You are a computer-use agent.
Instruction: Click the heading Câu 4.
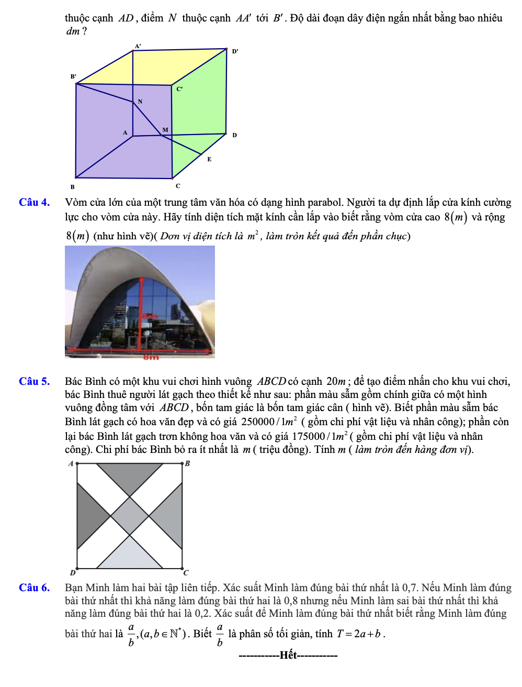pyautogui.click(x=34, y=202)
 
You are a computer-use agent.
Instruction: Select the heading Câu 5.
pyautogui.click(x=34, y=381)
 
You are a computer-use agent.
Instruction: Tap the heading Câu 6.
pyautogui.click(x=34, y=588)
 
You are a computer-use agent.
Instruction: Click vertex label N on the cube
pyautogui.click(x=140, y=102)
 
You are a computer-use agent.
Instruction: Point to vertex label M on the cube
pyautogui.click(x=165, y=130)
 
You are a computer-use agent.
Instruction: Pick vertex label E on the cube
pyautogui.click(x=209, y=159)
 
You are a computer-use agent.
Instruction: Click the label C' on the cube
pyautogui.click(x=179, y=89)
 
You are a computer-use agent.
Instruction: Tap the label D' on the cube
pyautogui.click(x=235, y=51)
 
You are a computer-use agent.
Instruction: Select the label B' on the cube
pyautogui.click(x=73, y=76)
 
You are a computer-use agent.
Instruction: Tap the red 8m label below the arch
pyautogui.click(x=151, y=357)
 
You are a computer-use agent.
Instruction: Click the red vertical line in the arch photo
pyautogui.click(x=141, y=314)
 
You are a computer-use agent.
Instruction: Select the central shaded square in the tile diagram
pyautogui.click(x=130, y=516)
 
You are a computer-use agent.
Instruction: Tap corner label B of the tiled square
pyautogui.click(x=188, y=463)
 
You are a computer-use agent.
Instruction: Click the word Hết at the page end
pyautogui.click(x=288, y=655)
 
